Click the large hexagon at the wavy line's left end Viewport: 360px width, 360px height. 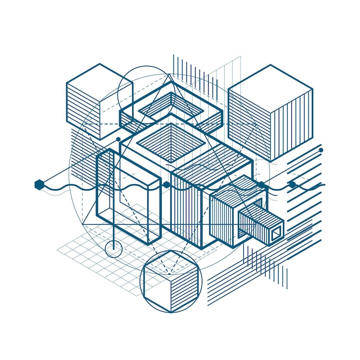[39, 184]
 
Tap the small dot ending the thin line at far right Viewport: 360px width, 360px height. [321, 150]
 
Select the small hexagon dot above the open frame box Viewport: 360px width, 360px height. [118, 140]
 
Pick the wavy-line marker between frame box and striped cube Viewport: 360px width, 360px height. [166, 185]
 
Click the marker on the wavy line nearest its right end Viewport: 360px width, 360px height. [292, 184]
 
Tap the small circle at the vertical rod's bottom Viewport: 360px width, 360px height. [113, 249]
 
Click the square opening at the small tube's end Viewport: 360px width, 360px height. [276, 234]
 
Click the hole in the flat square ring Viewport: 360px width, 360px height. [170, 104]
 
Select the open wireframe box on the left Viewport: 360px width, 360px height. [128, 197]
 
